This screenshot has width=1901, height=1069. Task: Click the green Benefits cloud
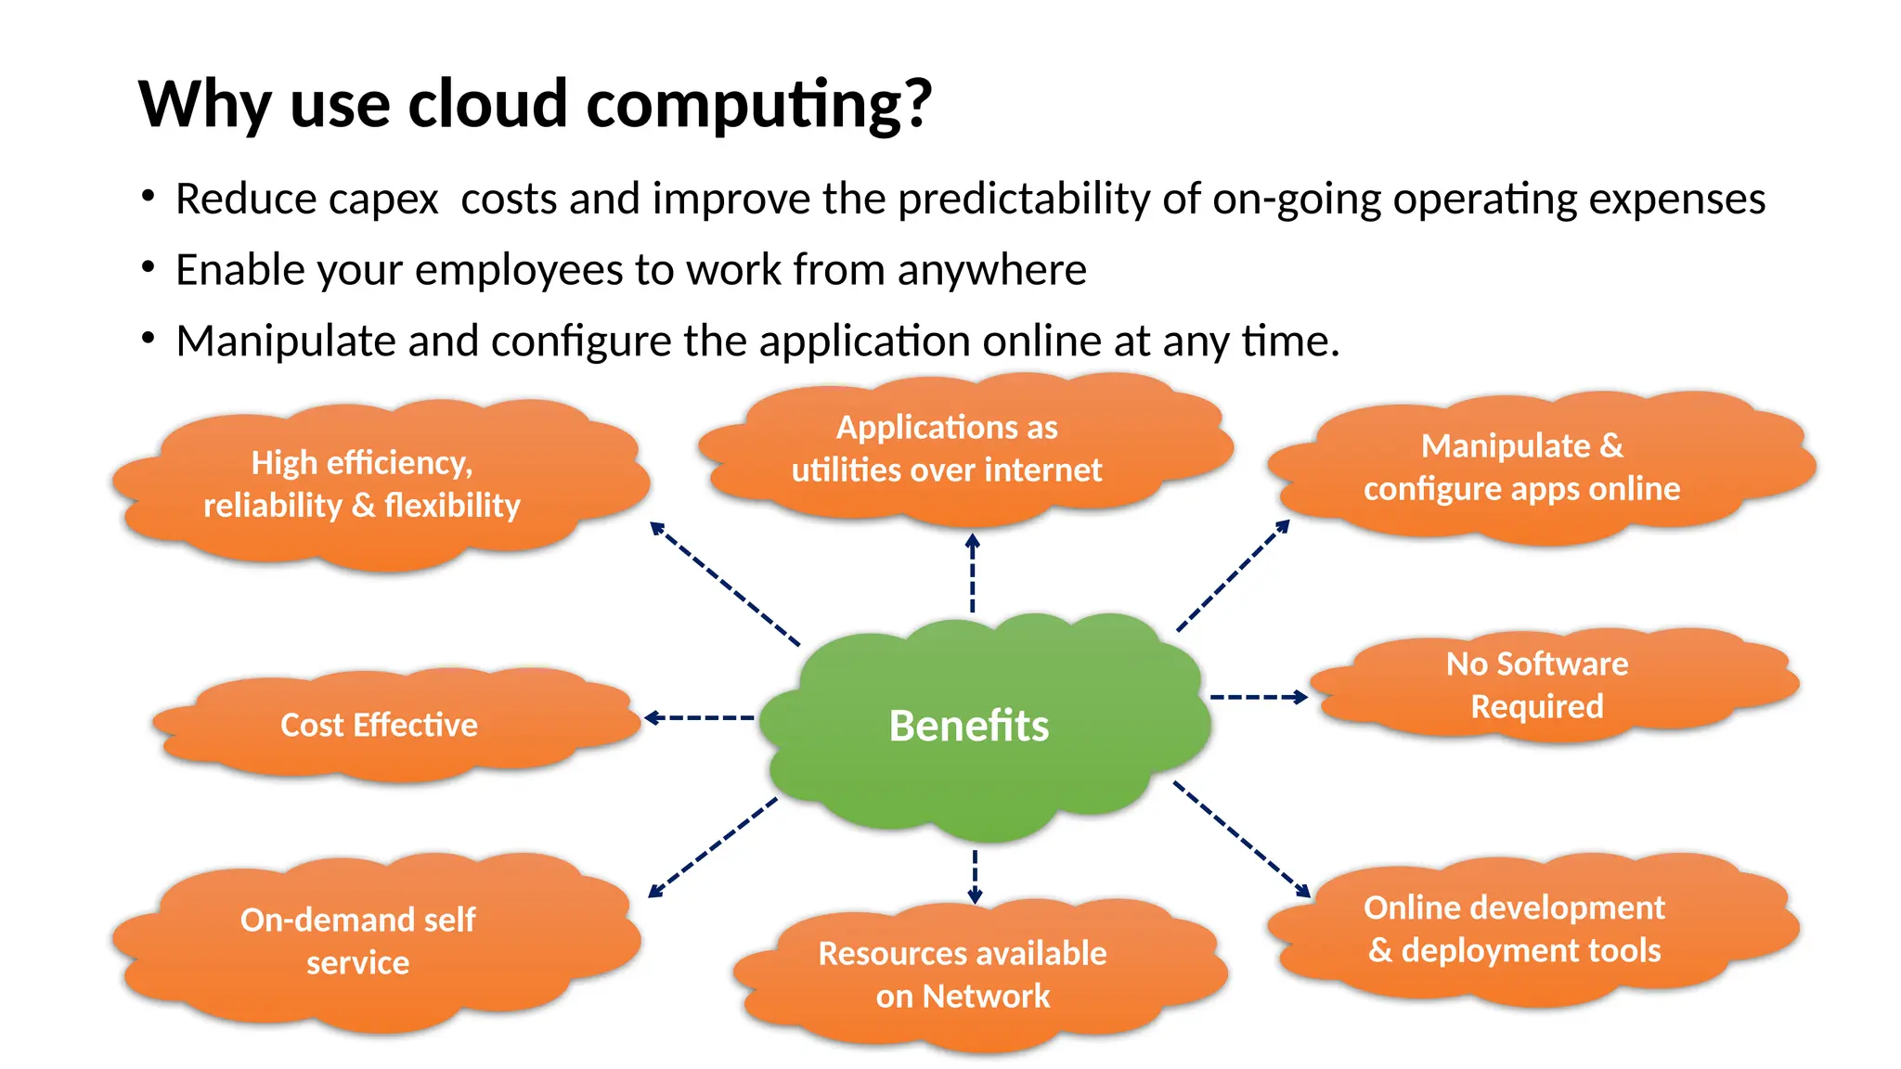pyautogui.click(x=984, y=727)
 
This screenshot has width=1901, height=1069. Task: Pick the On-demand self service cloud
pyautogui.click(x=371, y=941)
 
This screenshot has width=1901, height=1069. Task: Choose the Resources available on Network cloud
pyautogui.click(x=975, y=974)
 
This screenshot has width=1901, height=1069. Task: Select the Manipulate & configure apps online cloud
pyautogui.click(x=1536, y=467)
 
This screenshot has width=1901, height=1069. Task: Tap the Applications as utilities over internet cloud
pyautogui.click(x=961, y=448)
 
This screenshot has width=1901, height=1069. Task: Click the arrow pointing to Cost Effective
pyautogui.click(x=699, y=717)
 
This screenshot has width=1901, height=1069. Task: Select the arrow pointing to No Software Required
pyautogui.click(x=1259, y=697)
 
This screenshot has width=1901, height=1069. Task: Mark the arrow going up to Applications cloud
pyautogui.click(x=972, y=573)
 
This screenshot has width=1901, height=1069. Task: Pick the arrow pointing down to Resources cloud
pyautogui.click(x=975, y=876)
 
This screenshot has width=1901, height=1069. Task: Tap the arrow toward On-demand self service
pyautogui.click(x=713, y=847)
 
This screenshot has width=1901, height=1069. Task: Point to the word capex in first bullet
pyautogui.click(x=383, y=200)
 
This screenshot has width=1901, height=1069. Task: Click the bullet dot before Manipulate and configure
pyautogui.click(x=149, y=339)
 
